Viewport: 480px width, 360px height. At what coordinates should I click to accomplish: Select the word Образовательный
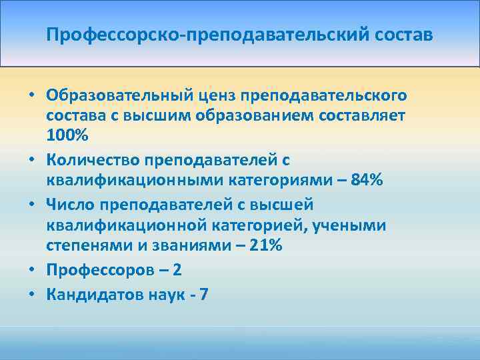click(120, 95)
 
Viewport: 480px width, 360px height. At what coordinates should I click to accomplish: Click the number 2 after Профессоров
click(177, 271)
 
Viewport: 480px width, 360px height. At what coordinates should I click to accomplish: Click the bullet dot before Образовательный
click(31, 95)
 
